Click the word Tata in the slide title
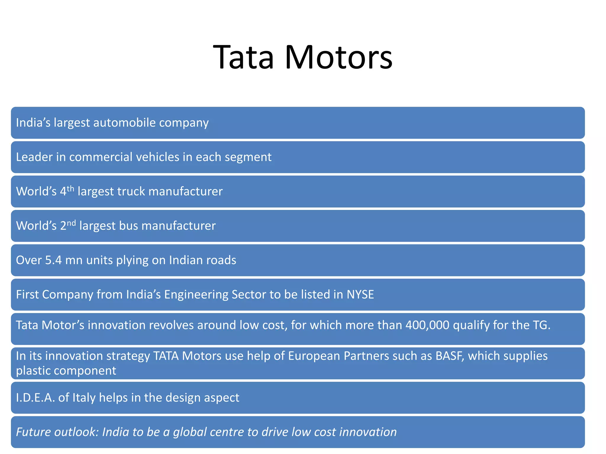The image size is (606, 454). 244,58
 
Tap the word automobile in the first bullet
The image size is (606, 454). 124,123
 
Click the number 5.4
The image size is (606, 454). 53,260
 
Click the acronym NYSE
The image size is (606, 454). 360,294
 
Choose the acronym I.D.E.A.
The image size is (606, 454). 35,398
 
